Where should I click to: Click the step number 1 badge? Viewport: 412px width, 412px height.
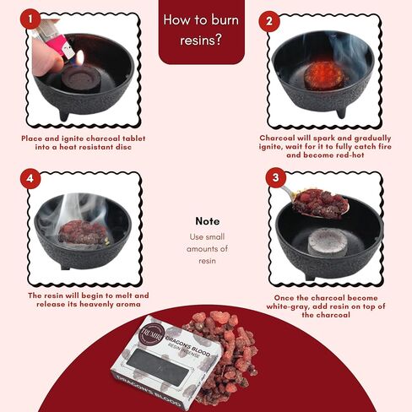click(30, 19)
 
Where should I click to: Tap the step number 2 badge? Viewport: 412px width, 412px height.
click(269, 21)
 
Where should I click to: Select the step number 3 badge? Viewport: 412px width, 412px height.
click(276, 177)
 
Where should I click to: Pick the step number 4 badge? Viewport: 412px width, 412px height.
click(30, 178)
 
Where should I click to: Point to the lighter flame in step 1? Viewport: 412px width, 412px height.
click(80, 57)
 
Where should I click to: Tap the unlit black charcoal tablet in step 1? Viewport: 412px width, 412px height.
click(81, 79)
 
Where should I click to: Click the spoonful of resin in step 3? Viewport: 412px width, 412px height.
click(321, 203)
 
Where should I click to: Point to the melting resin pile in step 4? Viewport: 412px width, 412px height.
click(83, 232)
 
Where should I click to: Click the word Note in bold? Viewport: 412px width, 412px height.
click(208, 221)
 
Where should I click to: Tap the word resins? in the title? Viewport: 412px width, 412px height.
click(201, 40)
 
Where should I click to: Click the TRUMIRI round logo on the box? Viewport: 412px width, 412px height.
click(152, 335)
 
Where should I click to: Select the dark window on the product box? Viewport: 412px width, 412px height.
click(158, 367)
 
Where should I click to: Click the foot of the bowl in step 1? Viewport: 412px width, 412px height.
click(64, 115)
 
